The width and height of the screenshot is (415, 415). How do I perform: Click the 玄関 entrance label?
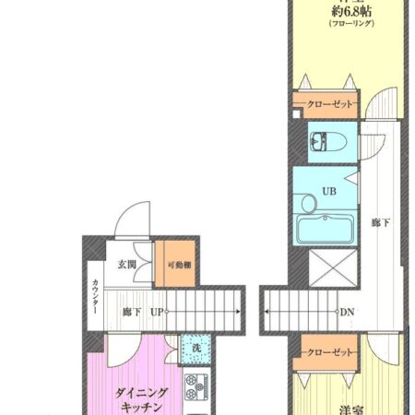[x=126, y=264]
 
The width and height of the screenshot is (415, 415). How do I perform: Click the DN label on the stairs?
[x=347, y=313]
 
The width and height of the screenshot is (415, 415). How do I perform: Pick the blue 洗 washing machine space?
[x=196, y=348]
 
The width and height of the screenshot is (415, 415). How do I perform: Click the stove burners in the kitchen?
[x=196, y=383]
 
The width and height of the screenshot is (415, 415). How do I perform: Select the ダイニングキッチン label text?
[x=139, y=399]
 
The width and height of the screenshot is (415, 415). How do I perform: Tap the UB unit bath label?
[x=329, y=193]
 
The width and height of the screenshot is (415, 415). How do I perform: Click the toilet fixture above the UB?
[x=324, y=143]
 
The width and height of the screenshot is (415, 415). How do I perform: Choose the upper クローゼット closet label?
[x=329, y=104]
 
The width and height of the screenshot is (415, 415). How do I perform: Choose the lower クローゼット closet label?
[x=329, y=352]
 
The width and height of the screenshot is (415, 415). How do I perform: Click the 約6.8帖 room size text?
[x=353, y=13]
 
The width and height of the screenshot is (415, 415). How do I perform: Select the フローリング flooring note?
[x=353, y=27]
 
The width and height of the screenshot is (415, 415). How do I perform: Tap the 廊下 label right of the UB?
[x=378, y=222]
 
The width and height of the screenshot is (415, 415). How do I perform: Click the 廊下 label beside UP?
[x=131, y=313]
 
